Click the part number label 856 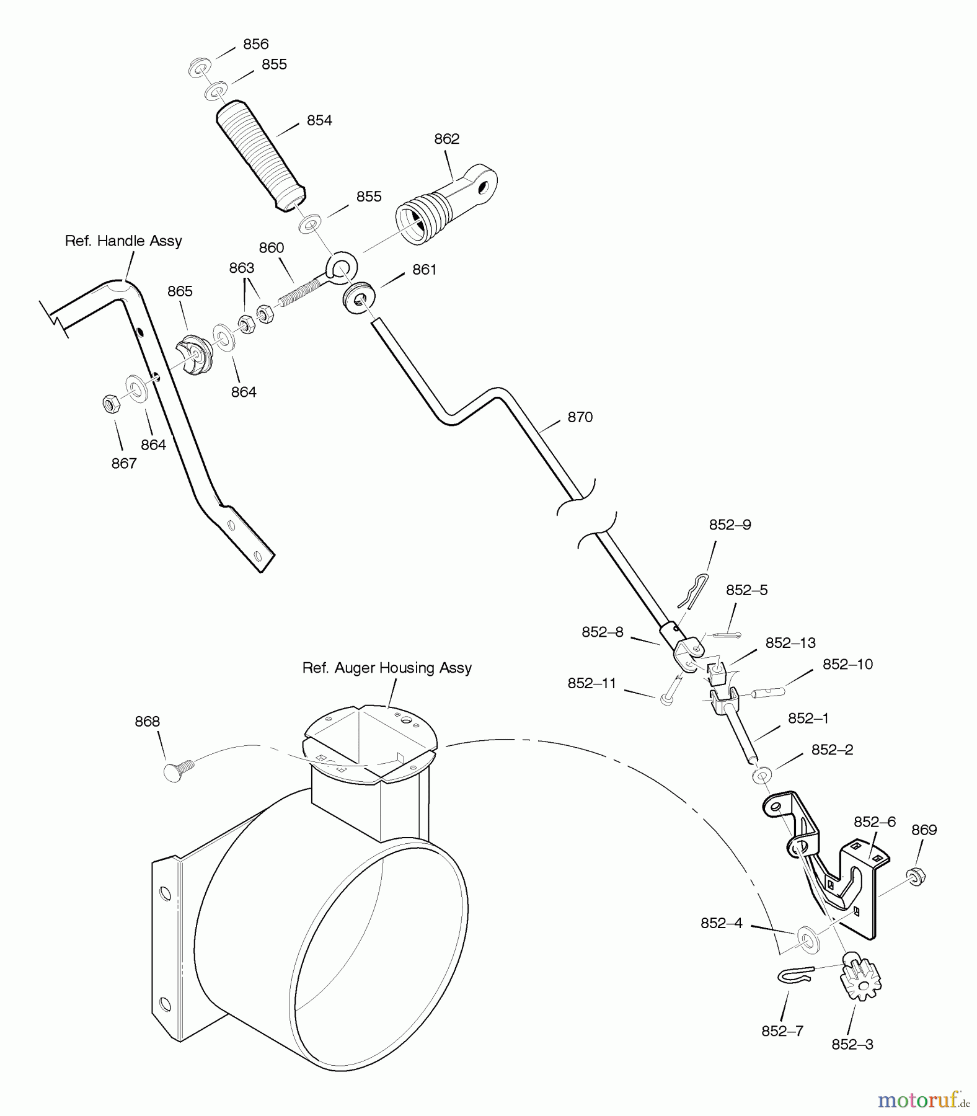(255, 44)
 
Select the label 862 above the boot (446, 139)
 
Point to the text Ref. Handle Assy (123, 241)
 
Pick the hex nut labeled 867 (111, 404)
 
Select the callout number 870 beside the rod (580, 417)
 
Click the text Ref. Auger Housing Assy (387, 668)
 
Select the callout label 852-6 (874, 821)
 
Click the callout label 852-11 (591, 683)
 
